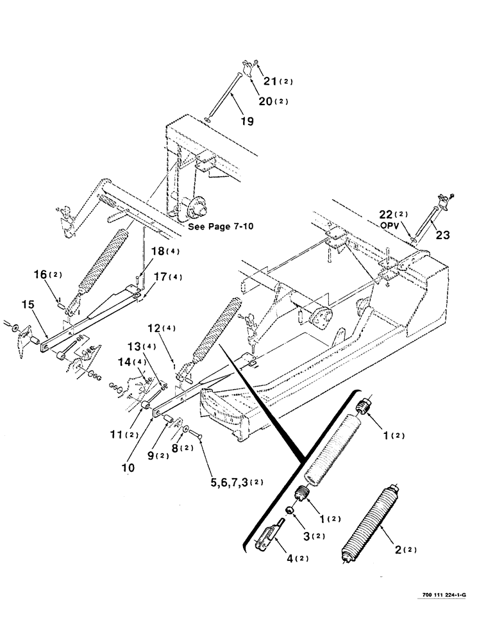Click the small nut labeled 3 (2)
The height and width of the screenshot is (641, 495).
point(291,510)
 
